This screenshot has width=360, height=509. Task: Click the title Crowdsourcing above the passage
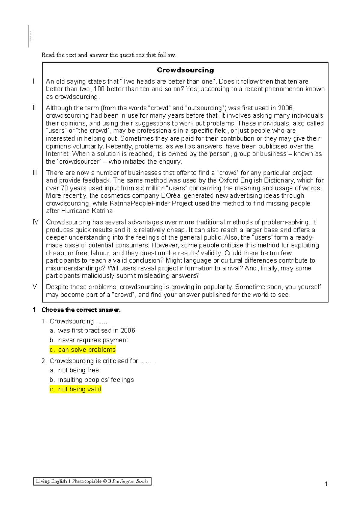tap(185, 70)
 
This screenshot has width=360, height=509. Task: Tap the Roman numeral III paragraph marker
tap(35, 173)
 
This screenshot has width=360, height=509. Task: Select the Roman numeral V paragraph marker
tap(35, 287)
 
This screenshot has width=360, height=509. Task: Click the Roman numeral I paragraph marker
tap(34, 81)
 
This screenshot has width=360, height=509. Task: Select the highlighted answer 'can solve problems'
tap(83, 350)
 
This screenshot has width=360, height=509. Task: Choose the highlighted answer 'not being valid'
tap(76, 389)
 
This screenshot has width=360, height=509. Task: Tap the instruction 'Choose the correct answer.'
tap(81, 310)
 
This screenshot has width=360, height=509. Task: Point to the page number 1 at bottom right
tap(326, 484)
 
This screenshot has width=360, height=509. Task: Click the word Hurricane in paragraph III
tap(76, 211)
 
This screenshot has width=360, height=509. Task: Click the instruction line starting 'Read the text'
tap(109, 55)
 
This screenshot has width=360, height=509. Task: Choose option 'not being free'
tap(78, 370)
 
